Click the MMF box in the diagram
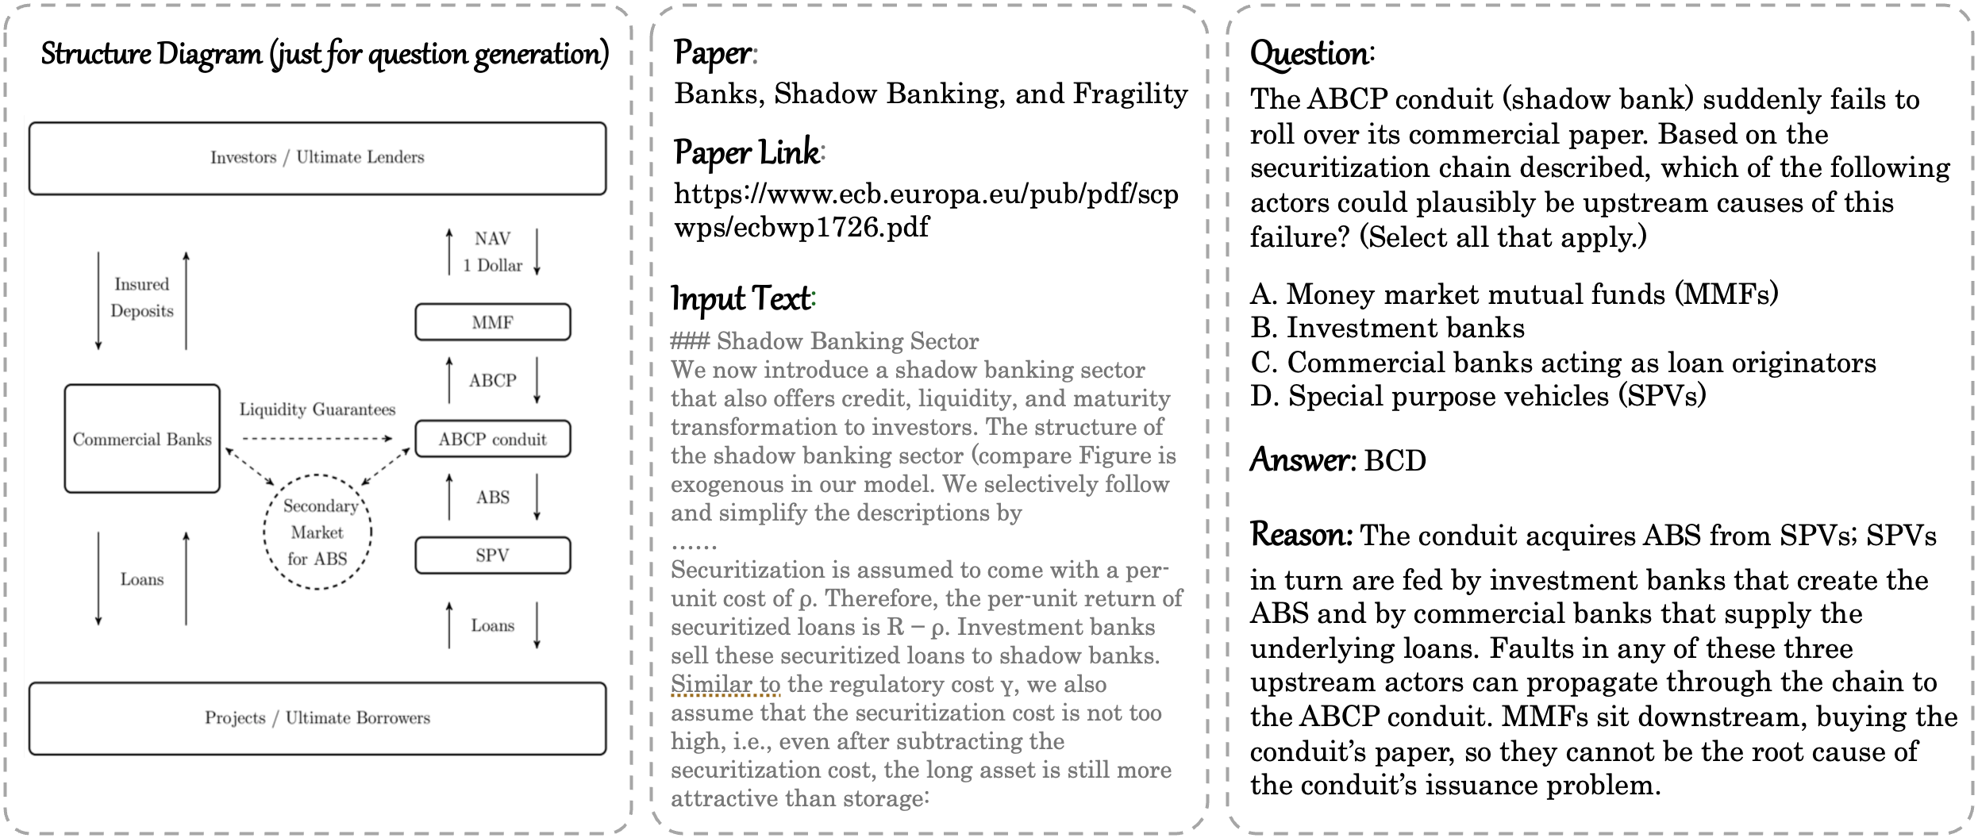pyautogui.click(x=492, y=322)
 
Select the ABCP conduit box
pyautogui.click(x=492, y=439)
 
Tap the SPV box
pyautogui.click(x=492, y=555)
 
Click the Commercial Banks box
pyautogui.click(x=142, y=439)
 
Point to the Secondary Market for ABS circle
pyautogui.click(x=317, y=532)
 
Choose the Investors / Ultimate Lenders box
pyautogui.click(x=317, y=158)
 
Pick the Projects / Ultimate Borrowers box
pyautogui.click(x=317, y=718)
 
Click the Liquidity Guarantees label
pyautogui.click(x=317, y=409)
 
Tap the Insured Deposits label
pyautogui.click(x=142, y=298)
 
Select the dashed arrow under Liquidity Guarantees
pyautogui.click(x=317, y=438)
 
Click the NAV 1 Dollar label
pyautogui.click(x=493, y=252)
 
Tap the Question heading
pyautogui.click(x=1310, y=54)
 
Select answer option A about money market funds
pyautogui.click(x=1514, y=294)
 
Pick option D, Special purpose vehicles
pyautogui.click(x=1478, y=395)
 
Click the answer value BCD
pyautogui.click(x=1395, y=460)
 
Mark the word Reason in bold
pyautogui.click(x=1301, y=535)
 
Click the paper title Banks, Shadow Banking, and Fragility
pyautogui.click(x=930, y=94)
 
